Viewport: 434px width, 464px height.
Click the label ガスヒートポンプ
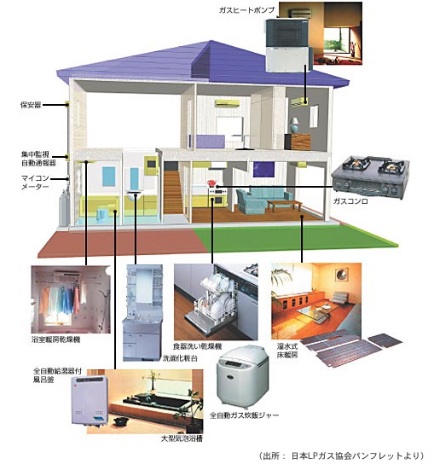246,10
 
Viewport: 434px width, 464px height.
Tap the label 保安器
31,105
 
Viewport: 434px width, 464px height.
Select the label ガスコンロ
350,201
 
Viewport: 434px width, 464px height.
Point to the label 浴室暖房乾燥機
56,339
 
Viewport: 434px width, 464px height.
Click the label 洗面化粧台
180,358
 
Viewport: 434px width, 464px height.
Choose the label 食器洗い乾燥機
197,346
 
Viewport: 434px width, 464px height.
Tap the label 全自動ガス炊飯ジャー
244,415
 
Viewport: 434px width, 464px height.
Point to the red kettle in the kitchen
211,183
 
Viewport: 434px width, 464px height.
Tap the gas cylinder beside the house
64,208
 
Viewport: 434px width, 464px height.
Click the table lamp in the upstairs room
294,125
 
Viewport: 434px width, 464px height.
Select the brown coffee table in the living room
284,205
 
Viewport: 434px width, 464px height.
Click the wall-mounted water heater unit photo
90,400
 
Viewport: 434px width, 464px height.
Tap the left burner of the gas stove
359,164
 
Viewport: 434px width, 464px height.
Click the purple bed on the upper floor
210,142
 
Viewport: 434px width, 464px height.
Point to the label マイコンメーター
35,183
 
